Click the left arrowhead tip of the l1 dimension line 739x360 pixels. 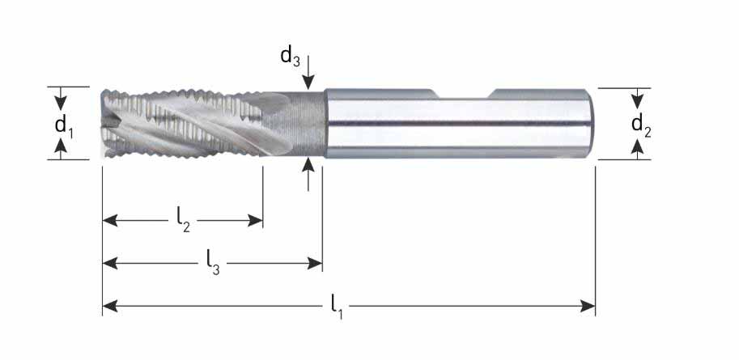pyautogui.click(x=103, y=307)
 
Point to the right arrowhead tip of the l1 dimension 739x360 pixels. pyautogui.click(x=595, y=307)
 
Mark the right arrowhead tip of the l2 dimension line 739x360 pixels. pyautogui.click(x=262, y=220)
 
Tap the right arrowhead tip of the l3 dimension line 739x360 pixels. pyautogui.click(x=322, y=264)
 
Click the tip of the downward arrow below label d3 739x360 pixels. pyautogui.click(x=308, y=89)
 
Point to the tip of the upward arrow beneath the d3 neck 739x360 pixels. pyautogui.click(x=308, y=158)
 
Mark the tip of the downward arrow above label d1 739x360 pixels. pyautogui.click(x=61, y=111)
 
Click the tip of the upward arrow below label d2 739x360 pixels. pyautogui.click(x=637, y=139)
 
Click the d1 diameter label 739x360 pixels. pyautogui.click(x=65, y=126)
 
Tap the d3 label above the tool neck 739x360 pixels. pyautogui.click(x=291, y=57)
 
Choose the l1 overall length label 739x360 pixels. pyautogui.click(x=337, y=307)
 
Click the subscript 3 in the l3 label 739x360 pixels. pyautogui.click(x=216, y=269)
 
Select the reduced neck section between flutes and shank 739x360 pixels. pyautogui.click(x=293, y=124)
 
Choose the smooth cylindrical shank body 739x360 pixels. pyautogui.click(x=460, y=124)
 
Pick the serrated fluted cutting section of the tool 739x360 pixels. pyautogui.click(x=181, y=124)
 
